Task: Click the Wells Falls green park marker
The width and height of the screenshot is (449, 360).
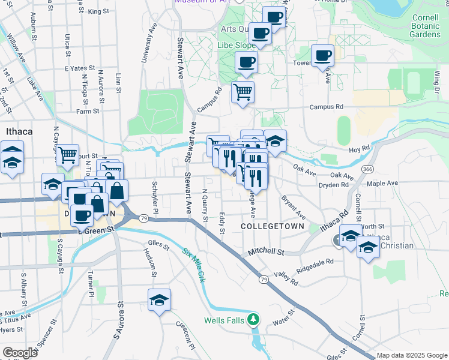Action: tap(255, 319)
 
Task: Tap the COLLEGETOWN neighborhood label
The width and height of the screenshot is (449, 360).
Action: tap(273, 226)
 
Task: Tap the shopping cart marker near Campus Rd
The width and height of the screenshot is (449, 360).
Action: tap(243, 92)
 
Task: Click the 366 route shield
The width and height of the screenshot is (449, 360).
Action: tap(366, 170)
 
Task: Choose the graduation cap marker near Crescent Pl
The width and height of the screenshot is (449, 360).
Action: tap(159, 300)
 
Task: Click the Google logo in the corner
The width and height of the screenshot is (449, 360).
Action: tap(20, 352)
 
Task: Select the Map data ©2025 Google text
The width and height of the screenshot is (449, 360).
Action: tap(412, 355)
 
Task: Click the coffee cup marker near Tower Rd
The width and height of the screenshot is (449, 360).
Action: tap(323, 55)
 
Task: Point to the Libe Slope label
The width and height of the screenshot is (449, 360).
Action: tap(238, 46)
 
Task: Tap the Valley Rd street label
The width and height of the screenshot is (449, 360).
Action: tap(286, 278)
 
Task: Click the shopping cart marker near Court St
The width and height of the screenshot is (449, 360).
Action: tap(68, 155)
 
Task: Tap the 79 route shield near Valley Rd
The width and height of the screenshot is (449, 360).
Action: tap(264, 280)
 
